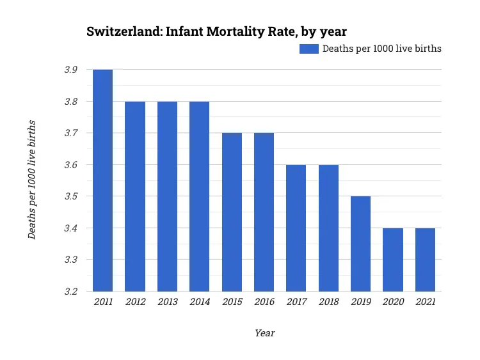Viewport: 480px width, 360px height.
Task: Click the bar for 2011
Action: coord(102,180)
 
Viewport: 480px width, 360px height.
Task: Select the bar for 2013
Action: coord(167,196)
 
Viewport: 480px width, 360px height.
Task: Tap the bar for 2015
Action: coord(232,212)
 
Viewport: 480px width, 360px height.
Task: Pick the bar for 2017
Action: coord(296,228)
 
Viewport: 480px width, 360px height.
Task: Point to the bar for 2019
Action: coord(360,244)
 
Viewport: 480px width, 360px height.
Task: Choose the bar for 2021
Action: coord(425,260)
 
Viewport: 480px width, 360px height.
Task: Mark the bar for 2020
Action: coord(393,260)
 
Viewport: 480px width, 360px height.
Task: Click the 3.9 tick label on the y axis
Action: coord(71,70)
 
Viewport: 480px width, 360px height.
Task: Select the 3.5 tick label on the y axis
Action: coord(71,196)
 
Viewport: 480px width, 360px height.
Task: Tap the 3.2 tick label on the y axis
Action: coord(71,292)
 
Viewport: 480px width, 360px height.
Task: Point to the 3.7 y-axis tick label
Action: coord(71,133)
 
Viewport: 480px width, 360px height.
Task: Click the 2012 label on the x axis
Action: coord(135,302)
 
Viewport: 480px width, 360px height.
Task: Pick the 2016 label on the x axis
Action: coord(264,302)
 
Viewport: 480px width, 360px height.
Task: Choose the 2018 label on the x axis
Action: coord(328,302)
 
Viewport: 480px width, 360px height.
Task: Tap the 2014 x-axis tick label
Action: coord(199,302)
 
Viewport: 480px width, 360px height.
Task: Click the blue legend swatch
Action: coord(309,49)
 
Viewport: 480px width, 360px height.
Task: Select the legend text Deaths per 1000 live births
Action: coord(381,49)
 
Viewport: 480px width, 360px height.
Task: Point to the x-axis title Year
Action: coord(264,333)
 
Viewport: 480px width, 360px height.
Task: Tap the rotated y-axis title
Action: coord(32,180)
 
